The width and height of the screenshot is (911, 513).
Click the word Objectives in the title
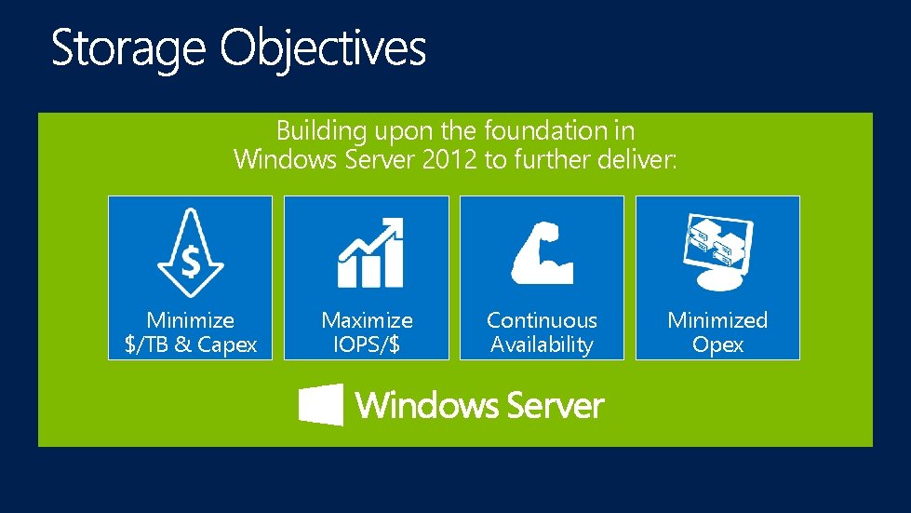point(323,48)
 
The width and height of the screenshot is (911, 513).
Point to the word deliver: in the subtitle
point(636,159)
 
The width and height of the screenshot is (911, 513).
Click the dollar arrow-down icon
point(190,252)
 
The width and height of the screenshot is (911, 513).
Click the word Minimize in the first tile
point(190,320)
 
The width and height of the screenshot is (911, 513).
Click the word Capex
point(227,344)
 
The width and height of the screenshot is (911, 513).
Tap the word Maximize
point(367,320)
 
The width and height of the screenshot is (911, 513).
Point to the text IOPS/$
point(367,344)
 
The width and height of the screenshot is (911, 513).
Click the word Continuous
point(542,320)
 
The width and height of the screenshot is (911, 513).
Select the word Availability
point(542,344)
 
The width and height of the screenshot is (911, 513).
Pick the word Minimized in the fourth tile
point(717,320)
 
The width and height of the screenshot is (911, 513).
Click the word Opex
point(717,344)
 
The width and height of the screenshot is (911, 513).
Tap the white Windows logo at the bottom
point(320,405)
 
